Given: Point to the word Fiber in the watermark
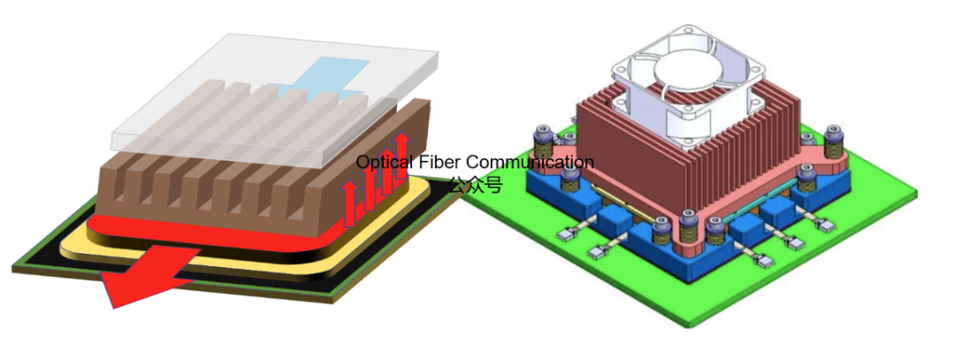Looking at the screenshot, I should pos(439,163).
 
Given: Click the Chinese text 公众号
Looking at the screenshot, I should pos(474,185).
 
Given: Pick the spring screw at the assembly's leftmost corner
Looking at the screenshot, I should pos(542,142).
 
